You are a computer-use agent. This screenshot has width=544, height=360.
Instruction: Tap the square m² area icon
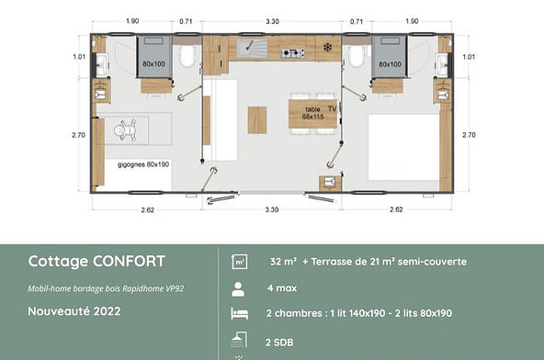240,262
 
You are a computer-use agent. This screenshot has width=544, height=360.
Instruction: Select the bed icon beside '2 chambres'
240,314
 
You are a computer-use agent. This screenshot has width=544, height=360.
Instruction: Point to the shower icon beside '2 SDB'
240,340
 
